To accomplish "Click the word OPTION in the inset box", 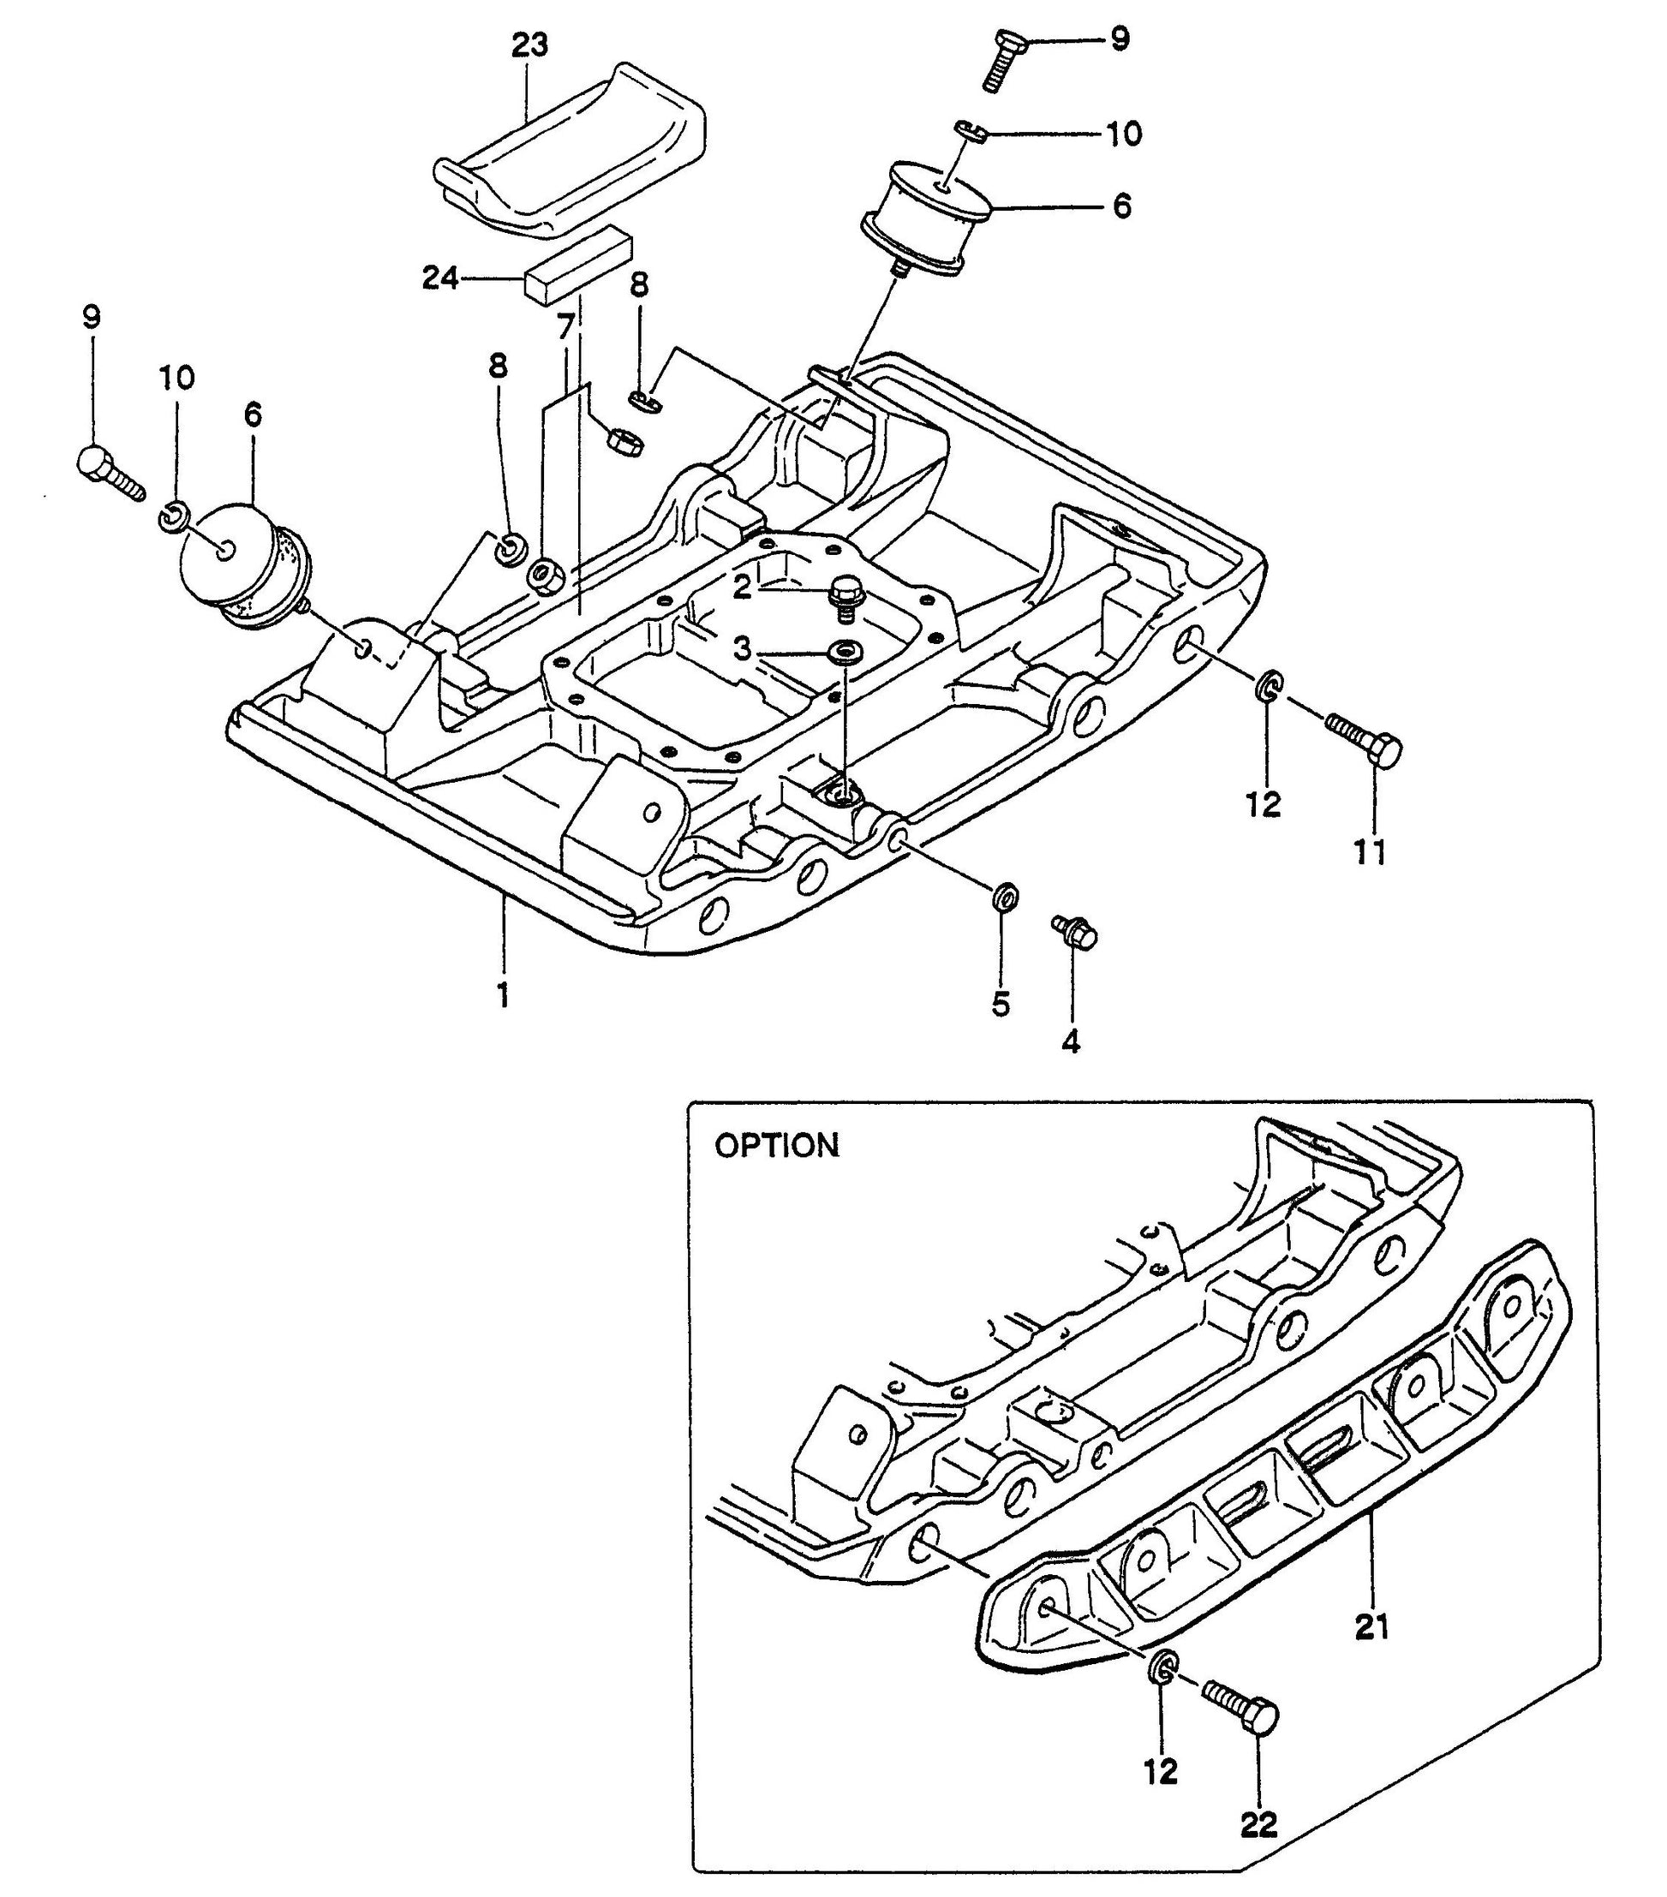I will pyautogui.click(x=776, y=1146).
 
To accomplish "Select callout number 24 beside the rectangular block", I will pyautogui.click(x=440, y=277).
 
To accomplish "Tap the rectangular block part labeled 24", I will pyautogui.click(x=577, y=265).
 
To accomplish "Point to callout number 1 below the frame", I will pyautogui.click(x=502, y=996).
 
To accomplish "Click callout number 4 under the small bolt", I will pyautogui.click(x=1070, y=1042).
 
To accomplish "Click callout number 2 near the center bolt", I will pyautogui.click(x=742, y=587).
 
